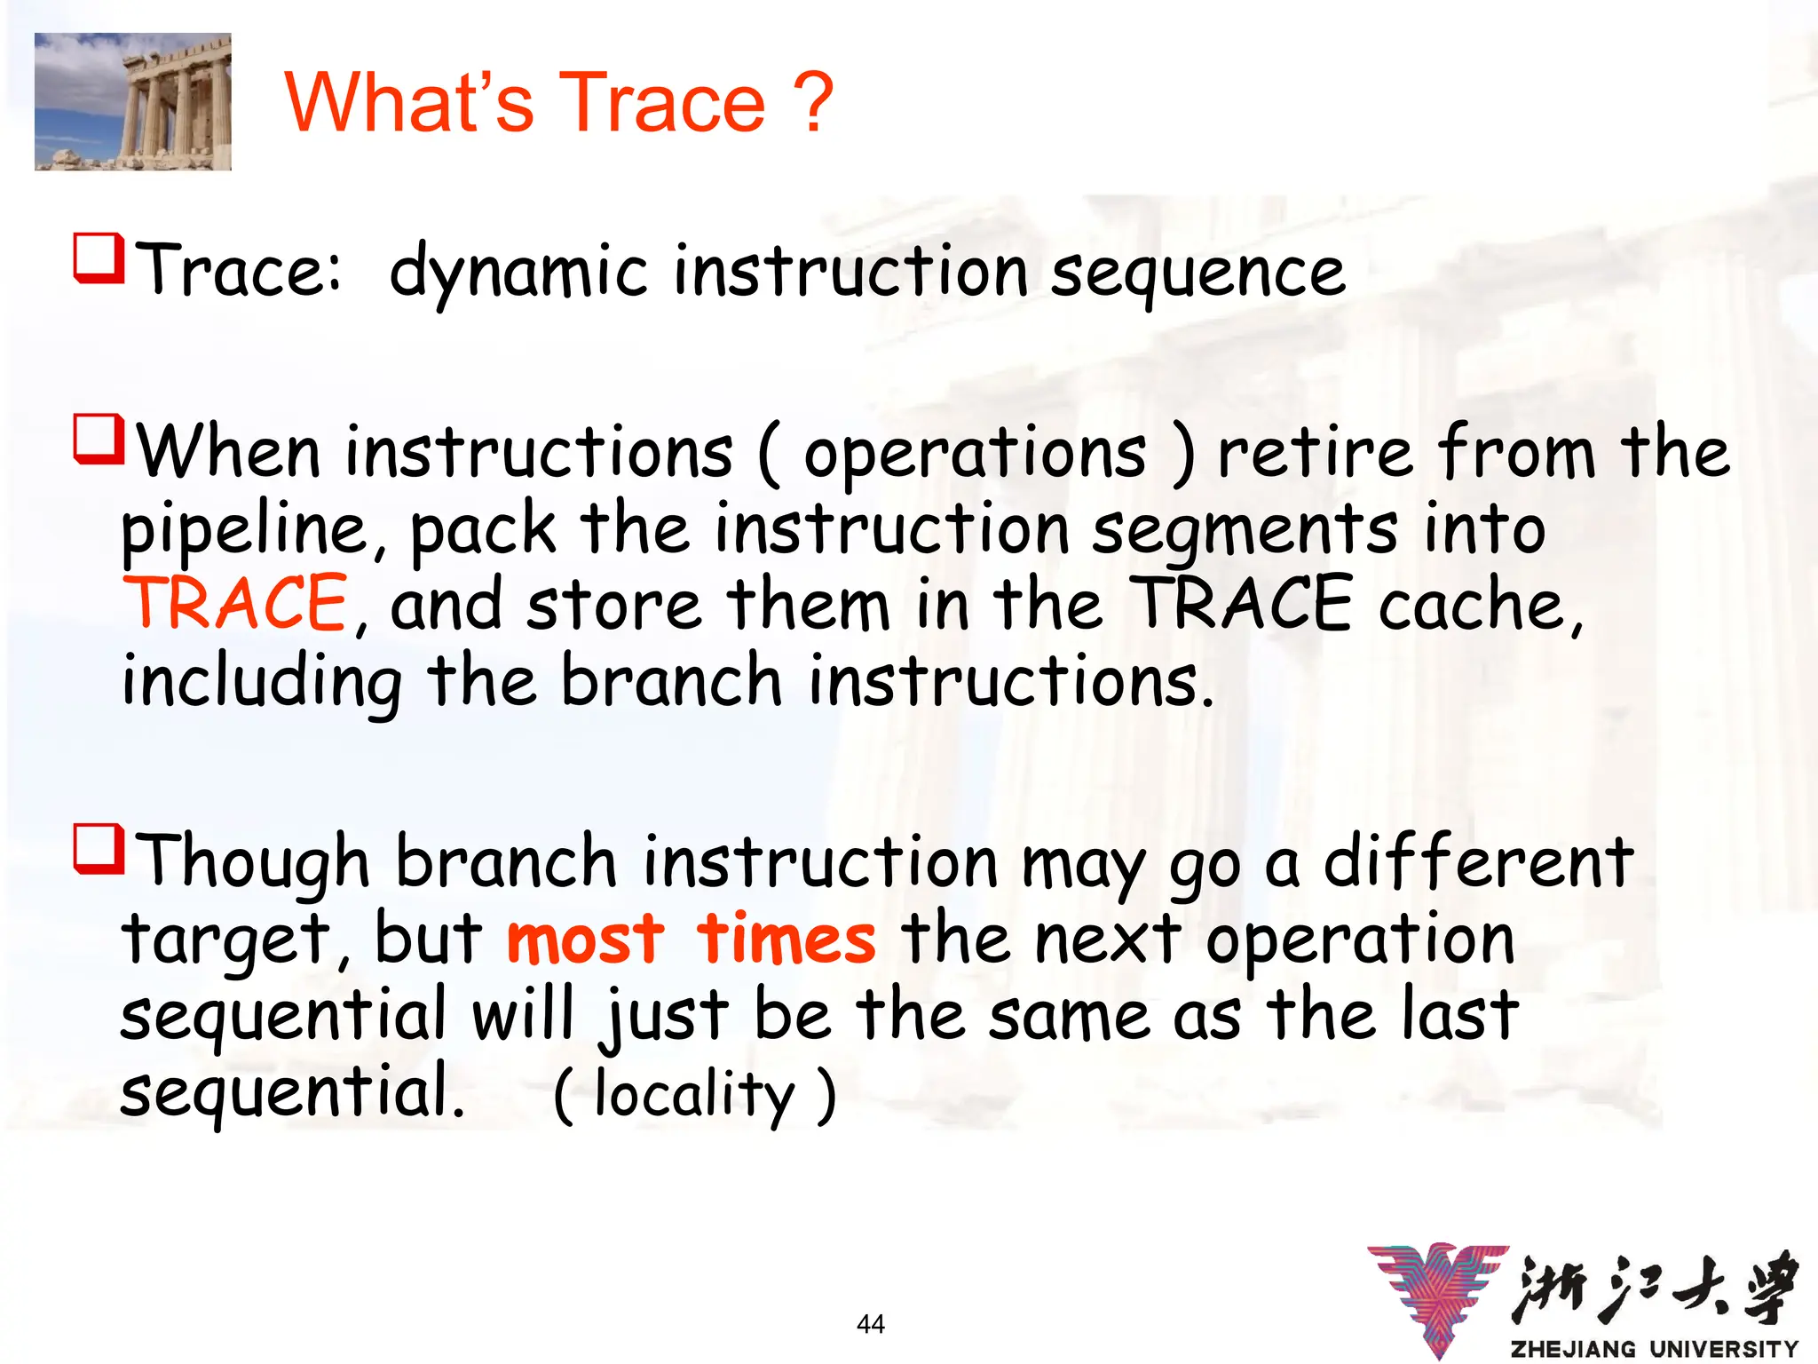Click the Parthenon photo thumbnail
(x=132, y=101)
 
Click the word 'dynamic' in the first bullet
(x=518, y=272)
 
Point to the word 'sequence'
(x=1198, y=272)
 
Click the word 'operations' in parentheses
(x=975, y=453)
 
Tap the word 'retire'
(x=1315, y=453)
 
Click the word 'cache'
(x=1473, y=605)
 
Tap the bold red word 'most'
(x=585, y=939)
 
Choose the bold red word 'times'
(x=786, y=939)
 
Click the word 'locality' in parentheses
(x=694, y=1094)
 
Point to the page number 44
(x=871, y=1324)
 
